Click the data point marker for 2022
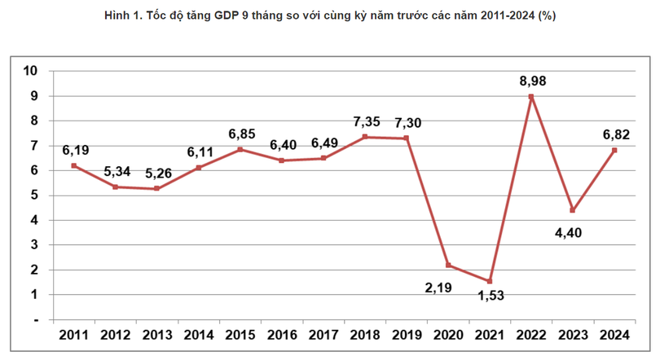(x=531, y=97)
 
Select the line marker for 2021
(x=489, y=281)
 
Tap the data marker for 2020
(x=448, y=265)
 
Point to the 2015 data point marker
(x=240, y=149)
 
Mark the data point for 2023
(x=573, y=210)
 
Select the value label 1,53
(x=490, y=296)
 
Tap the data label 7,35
(x=367, y=121)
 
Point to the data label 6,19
(x=75, y=150)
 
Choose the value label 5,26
(x=158, y=173)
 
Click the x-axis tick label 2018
(x=365, y=335)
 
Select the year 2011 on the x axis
(x=74, y=335)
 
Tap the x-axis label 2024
(x=614, y=335)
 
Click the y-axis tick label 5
(x=35, y=195)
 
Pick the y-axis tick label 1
(x=35, y=295)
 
